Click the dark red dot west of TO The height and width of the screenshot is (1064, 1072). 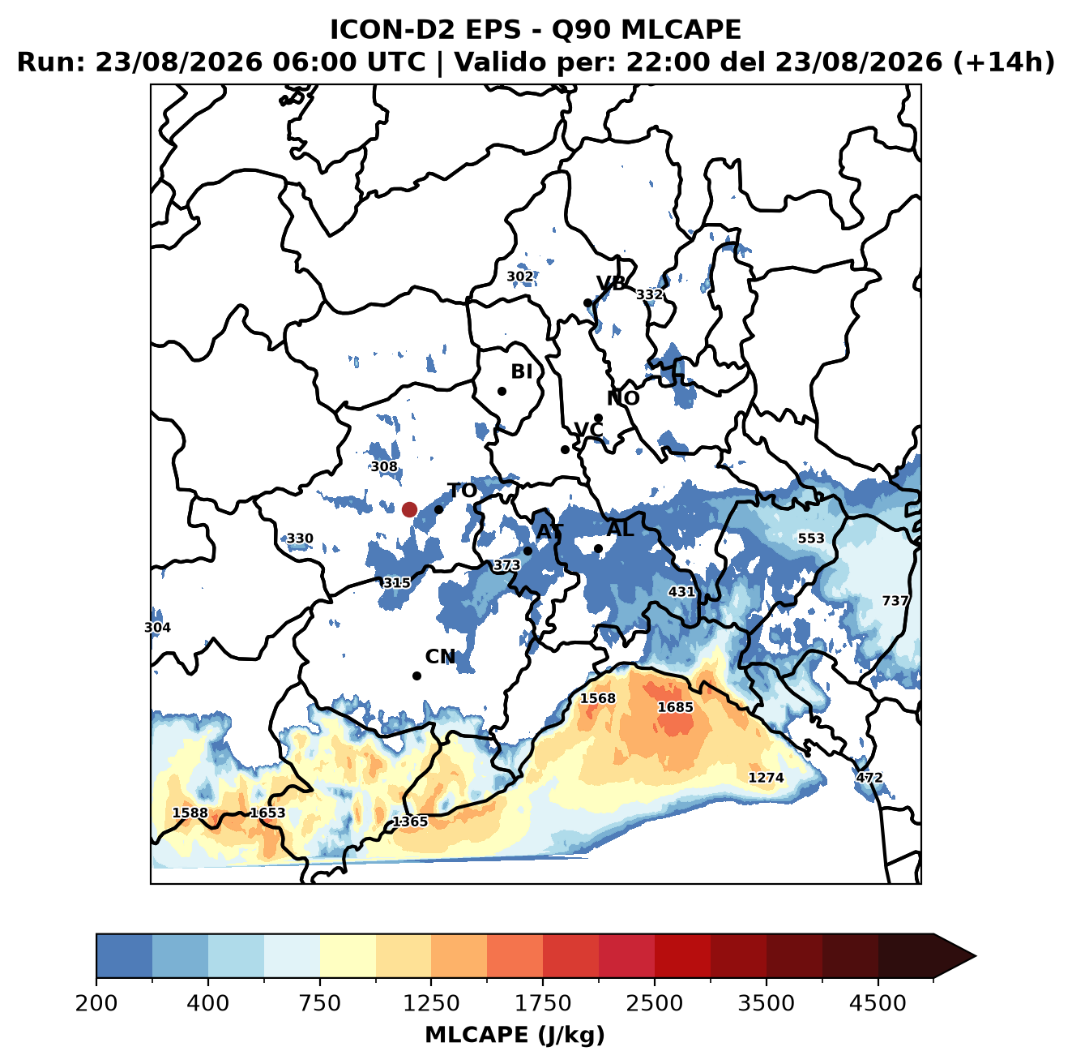[409, 509]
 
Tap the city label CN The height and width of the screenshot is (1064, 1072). [440, 657]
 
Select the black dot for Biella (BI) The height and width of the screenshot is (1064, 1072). [502, 392]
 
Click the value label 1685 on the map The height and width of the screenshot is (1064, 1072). [675, 707]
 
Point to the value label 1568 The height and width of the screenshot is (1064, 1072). [598, 698]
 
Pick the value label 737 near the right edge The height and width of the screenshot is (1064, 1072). [895, 601]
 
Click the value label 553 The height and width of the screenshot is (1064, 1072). [811, 538]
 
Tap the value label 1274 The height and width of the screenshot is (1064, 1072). [766, 777]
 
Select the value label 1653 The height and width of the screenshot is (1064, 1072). [267, 813]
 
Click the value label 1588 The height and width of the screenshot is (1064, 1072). [190, 813]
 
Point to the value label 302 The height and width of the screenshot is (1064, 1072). [520, 277]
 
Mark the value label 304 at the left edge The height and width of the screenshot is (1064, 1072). [157, 628]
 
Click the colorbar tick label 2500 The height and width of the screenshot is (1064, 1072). [654, 1002]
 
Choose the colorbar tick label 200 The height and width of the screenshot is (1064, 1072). [96, 1002]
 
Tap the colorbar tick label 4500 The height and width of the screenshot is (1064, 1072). [878, 1002]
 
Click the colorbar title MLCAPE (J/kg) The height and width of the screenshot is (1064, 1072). [515, 1035]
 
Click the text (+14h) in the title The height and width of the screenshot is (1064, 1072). [1004, 62]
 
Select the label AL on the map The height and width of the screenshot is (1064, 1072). [621, 529]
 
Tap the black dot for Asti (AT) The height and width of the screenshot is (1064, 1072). [527, 551]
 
